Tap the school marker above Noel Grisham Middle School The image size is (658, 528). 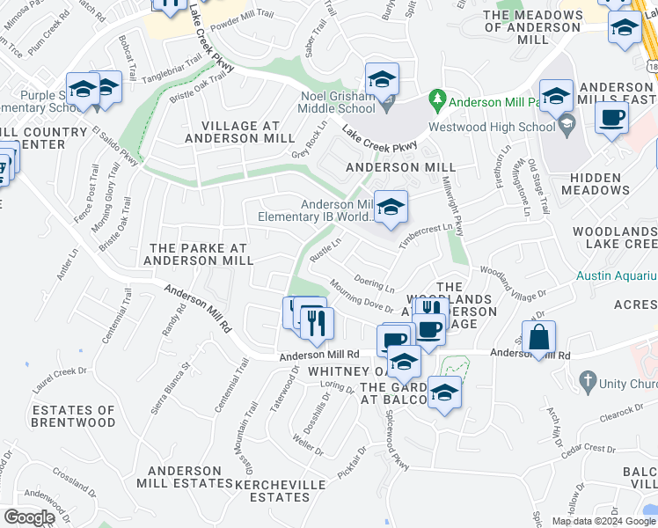coord(382,80)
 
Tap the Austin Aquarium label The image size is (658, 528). coord(617,275)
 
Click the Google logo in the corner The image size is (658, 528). coord(30,517)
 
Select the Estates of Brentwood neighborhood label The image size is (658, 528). coord(73,416)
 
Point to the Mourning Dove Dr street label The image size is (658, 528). coord(362,296)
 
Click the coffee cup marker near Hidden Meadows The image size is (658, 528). coord(611,118)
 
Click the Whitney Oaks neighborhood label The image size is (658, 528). coord(342,372)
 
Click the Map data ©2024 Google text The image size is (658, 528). coord(603,521)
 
